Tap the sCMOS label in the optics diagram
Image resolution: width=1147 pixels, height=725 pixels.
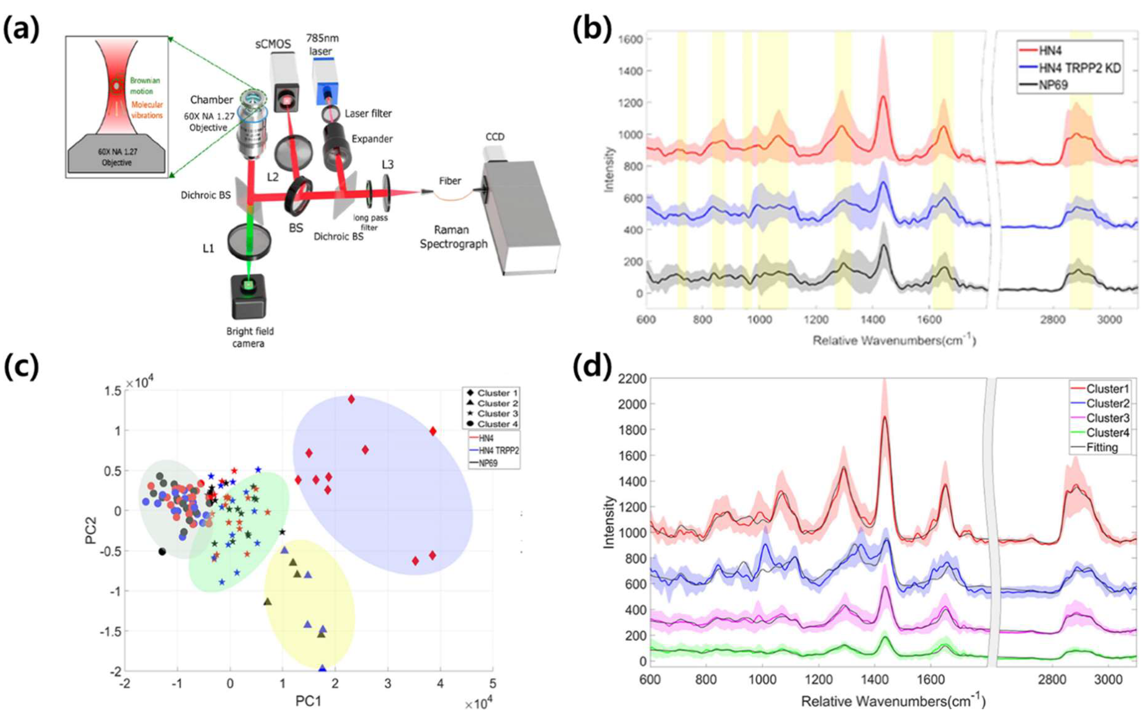273,44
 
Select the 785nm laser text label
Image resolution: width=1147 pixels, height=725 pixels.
323,44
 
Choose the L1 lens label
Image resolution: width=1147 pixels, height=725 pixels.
208,248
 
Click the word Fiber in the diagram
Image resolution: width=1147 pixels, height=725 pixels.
449,181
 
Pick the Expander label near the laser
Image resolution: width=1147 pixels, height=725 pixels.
372,139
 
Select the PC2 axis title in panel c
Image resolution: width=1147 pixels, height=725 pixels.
91,530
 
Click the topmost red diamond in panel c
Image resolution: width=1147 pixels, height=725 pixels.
352,399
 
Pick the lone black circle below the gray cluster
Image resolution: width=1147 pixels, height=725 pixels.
163,552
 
